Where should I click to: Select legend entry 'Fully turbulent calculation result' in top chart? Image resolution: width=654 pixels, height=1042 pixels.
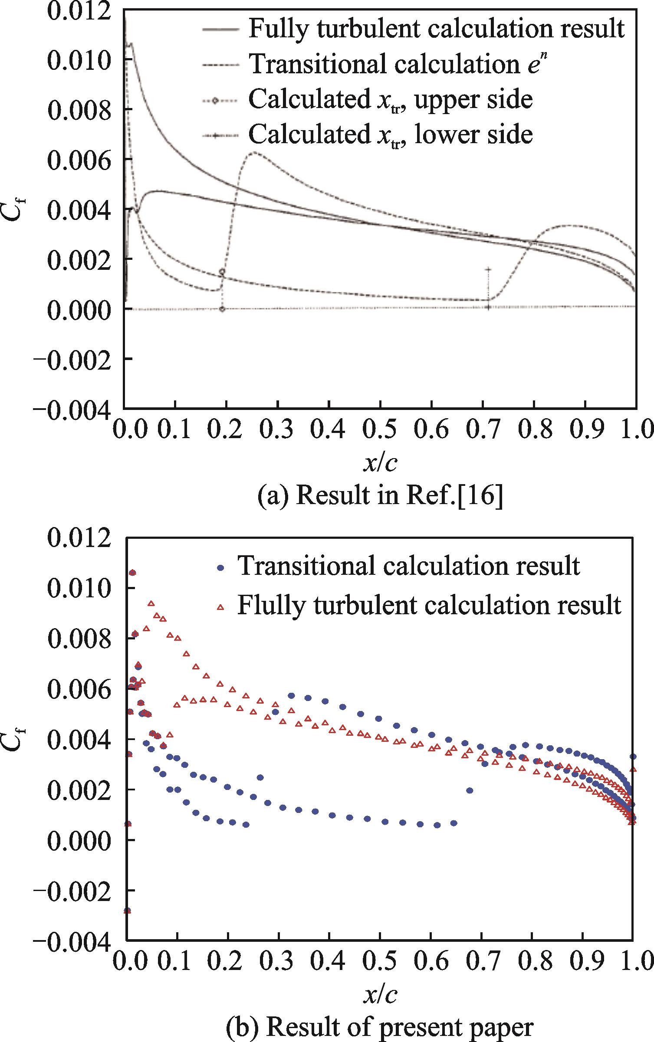pyautogui.click(x=436, y=29)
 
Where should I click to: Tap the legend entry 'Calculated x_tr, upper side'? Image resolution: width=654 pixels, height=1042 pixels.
pyautogui.click(x=390, y=100)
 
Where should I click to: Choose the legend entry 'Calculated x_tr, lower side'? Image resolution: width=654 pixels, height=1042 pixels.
pyautogui.click(x=390, y=134)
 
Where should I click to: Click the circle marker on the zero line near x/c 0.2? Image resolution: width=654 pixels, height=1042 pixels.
pyautogui.click(x=222, y=309)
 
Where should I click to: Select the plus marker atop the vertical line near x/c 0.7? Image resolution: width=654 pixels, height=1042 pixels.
pyautogui.click(x=488, y=269)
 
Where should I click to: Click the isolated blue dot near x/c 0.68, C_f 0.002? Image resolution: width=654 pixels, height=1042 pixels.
pyautogui.click(x=469, y=790)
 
